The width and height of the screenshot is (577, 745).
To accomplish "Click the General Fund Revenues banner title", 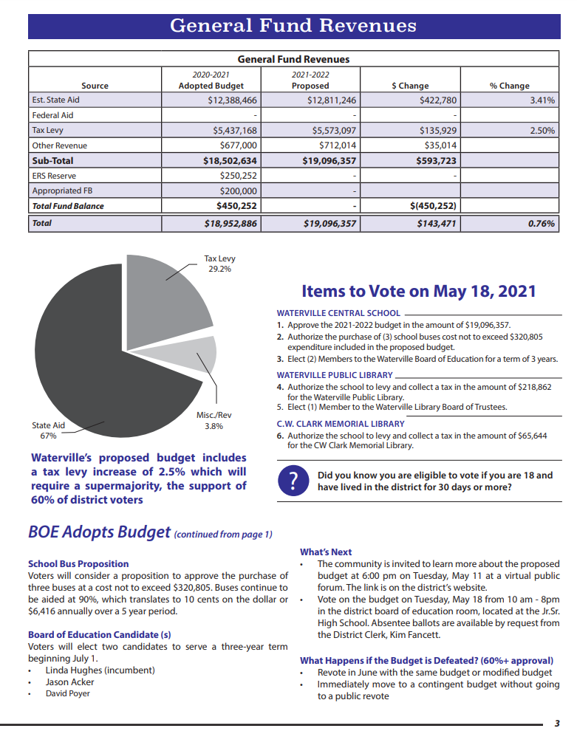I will coord(293,25).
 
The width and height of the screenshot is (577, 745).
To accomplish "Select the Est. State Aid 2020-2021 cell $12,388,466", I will coord(232,100).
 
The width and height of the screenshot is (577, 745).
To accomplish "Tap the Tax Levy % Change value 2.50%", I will coord(542,130).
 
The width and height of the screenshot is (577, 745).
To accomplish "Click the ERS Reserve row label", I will coord(54,176).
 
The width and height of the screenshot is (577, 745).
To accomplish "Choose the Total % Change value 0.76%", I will coord(542,222).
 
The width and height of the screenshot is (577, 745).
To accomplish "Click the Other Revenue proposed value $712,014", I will coord(338,145).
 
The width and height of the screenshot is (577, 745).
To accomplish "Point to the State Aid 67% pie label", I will coord(48,430).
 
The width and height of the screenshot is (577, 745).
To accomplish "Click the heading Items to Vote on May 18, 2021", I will coord(419,291).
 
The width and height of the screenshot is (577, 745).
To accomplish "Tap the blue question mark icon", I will coord(293,481).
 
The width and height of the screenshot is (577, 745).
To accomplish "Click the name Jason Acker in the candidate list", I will coord(69,682).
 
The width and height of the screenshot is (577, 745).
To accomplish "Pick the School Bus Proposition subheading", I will coord(78,563).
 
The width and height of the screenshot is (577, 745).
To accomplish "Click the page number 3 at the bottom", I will coord(558,723).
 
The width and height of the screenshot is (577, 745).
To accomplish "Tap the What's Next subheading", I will coord(326,552).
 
